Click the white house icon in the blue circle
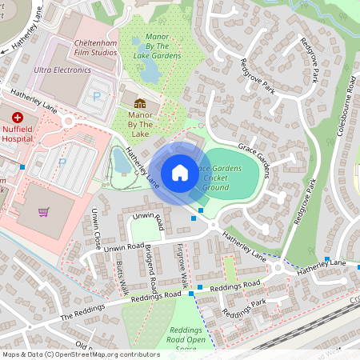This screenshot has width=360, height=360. [x=180, y=172]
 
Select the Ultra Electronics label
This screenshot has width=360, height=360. [x=62, y=70]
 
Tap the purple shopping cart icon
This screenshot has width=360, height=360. [x=44, y=212]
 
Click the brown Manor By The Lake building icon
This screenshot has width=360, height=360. [x=140, y=103]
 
